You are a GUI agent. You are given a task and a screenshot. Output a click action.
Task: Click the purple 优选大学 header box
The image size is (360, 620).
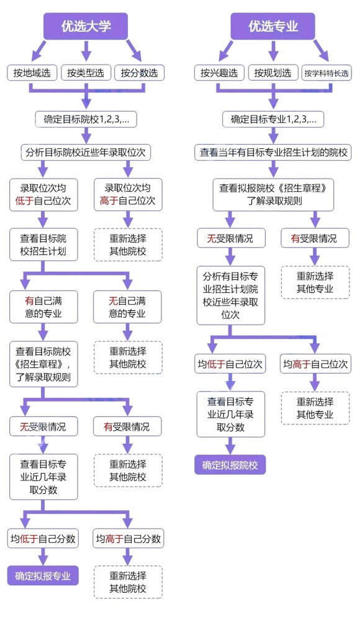(86, 26)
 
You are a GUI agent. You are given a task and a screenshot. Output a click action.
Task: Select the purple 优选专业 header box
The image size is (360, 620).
(273, 26)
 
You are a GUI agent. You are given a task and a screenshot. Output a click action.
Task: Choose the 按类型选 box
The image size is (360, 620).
(86, 73)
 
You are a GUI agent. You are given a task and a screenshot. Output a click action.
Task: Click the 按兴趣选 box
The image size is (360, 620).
(218, 73)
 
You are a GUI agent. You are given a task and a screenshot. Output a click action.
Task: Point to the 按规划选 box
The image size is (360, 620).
(272, 73)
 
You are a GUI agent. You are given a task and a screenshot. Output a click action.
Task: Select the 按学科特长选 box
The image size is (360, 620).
(326, 73)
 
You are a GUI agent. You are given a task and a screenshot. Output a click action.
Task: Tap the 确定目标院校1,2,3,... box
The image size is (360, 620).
(86, 119)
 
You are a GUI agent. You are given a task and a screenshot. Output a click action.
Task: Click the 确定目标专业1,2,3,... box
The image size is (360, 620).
(273, 119)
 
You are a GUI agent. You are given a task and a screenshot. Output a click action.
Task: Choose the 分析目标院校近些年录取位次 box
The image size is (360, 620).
(86, 151)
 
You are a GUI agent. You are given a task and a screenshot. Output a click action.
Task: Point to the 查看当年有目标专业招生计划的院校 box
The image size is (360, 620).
(273, 151)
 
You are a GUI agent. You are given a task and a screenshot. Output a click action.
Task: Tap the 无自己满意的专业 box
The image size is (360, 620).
(127, 307)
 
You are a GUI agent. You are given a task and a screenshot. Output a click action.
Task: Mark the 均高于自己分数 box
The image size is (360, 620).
(128, 539)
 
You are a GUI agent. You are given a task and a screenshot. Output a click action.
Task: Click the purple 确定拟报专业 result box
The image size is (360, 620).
(43, 575)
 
